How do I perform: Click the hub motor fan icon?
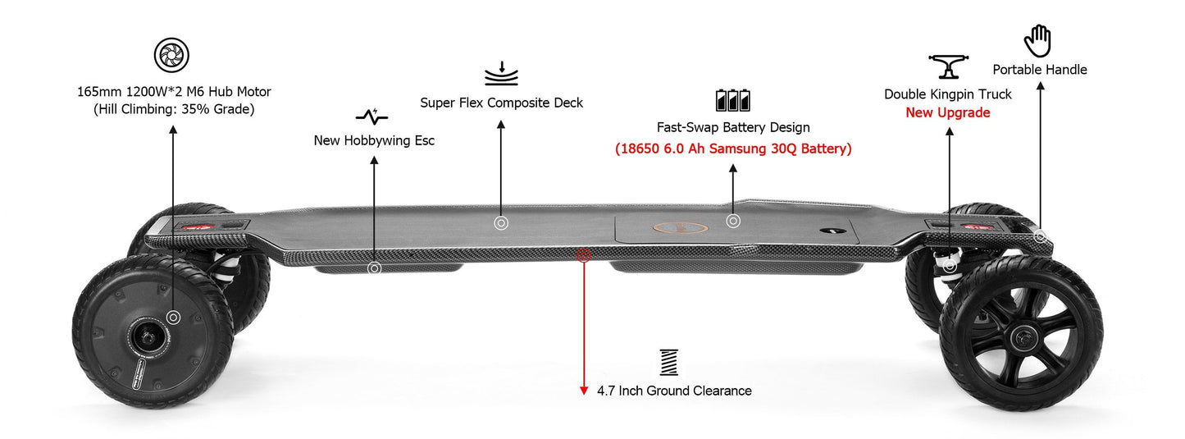tap(172, 55)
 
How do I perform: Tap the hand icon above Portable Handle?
tap(1037, 40)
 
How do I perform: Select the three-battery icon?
tap(732, 100)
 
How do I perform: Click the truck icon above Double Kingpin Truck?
tap(947, 66)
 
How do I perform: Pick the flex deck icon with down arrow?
tap(501, 73)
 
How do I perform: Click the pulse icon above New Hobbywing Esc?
tap(372, 116)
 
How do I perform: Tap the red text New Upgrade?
tap(947, 113)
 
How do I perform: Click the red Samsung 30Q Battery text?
tap(733, 149)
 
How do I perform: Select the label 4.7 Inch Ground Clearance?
tap(674, 391)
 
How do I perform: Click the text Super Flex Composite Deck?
tap(502, 103)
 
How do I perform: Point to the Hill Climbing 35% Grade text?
tap(173, 108)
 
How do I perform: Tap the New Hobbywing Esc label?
tap(374, 140)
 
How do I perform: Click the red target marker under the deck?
tap(584, 255)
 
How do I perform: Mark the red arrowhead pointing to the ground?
tap(584, 390)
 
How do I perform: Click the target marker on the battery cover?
tap(733, 221)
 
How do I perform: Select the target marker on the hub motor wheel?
tap(173, 317)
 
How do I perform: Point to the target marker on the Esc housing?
tap(374, 268)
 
